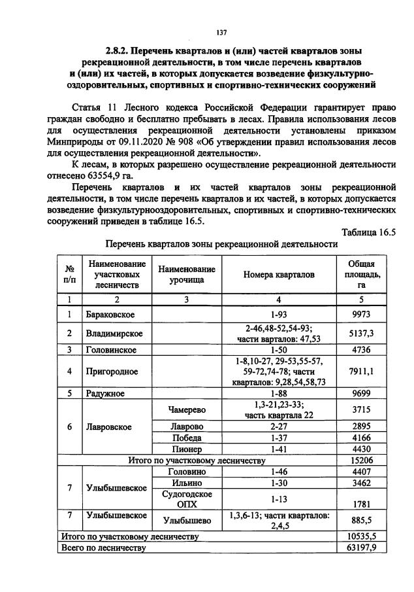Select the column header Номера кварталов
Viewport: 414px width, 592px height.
tap(279, 275)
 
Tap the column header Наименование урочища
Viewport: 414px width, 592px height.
tap(186, 275)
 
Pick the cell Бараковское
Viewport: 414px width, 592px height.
tap(110, 315)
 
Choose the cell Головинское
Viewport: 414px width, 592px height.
tap(112, 350)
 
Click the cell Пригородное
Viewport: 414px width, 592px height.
tap(112, 372)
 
